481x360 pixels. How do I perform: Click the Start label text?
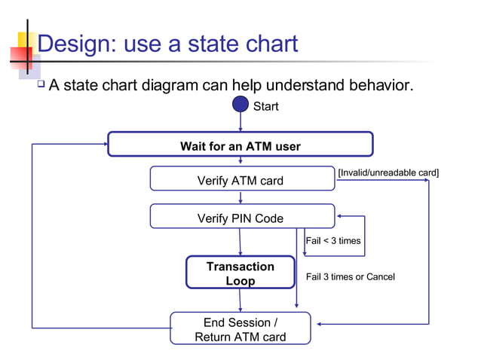(x=265, y=107)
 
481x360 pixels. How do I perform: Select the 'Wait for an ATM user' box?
(x=240, y=145)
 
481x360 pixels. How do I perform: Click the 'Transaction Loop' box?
(x=240, y=273)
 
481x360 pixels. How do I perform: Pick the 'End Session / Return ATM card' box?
(x=240, y=328)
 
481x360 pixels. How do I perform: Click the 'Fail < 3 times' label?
(x=332, y=241)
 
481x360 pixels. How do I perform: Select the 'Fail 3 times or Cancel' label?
(x=350, y=277)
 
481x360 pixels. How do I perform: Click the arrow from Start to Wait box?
(x=240, y=123)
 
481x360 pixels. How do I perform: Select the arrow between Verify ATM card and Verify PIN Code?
(x=240, y=197)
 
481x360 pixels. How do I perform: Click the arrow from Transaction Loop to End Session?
(x=240, y=300)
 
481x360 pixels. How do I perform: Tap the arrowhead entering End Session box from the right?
(x=320, y=324)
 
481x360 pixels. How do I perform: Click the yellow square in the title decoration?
(x=25, y=38)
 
